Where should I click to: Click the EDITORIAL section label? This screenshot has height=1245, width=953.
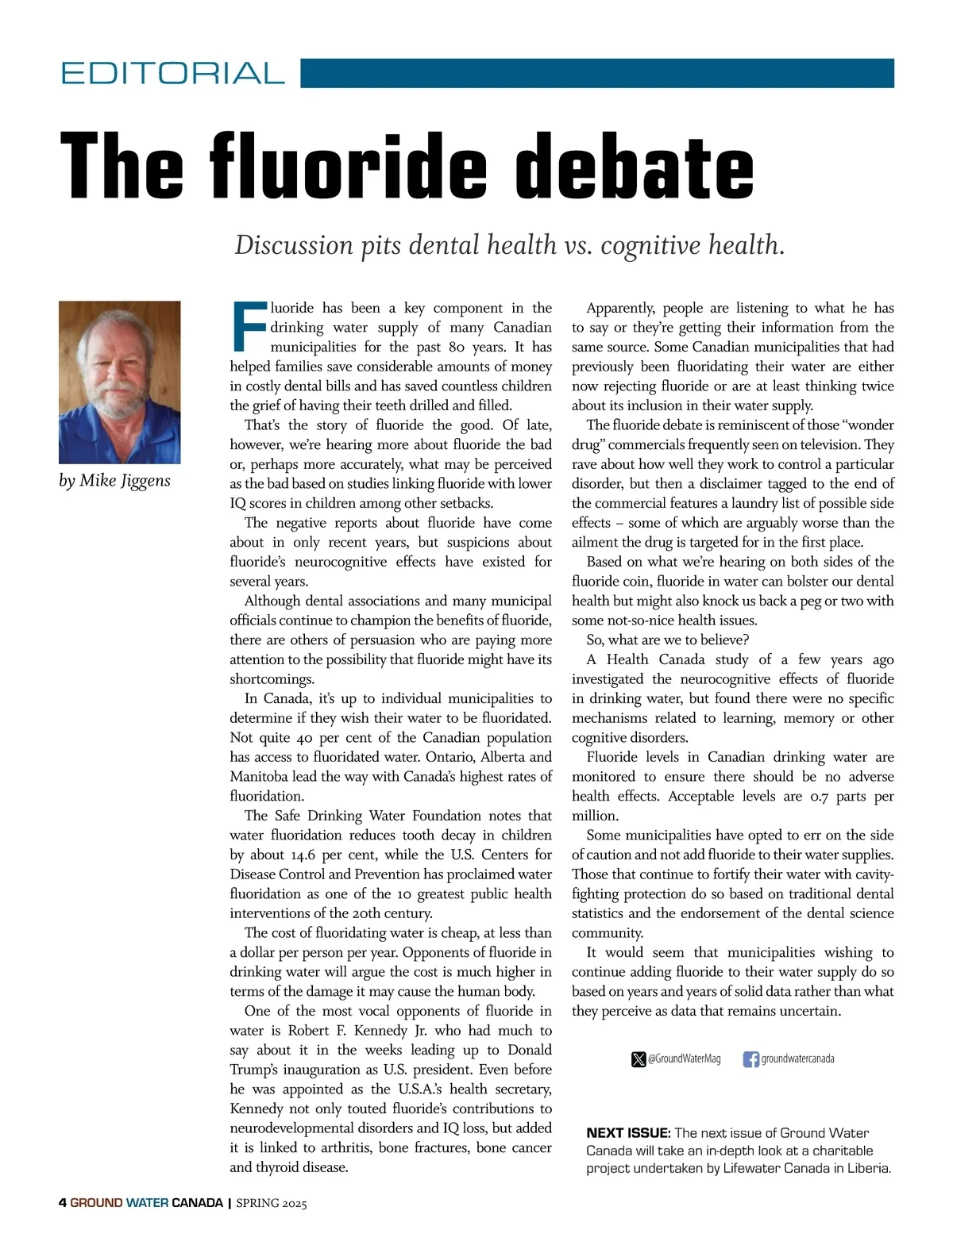[x=172, y=73]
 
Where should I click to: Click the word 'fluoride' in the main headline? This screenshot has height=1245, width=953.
[x=347, y=167]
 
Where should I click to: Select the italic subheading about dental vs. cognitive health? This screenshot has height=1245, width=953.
[x=510, y=244]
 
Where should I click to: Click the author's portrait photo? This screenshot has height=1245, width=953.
[x=120, y=382]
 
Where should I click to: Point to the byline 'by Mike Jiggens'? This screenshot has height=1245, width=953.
[x=114, y=481]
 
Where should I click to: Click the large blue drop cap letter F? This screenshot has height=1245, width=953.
[x=248, y=326]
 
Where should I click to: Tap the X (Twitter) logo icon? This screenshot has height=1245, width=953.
[x=639, y=1059]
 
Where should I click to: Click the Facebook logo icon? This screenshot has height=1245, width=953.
[x=750, y=1059]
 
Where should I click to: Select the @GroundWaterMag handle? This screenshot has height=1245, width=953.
[x=685, y=1059]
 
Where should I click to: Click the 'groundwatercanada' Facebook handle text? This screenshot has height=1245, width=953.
[x=797, y=1059]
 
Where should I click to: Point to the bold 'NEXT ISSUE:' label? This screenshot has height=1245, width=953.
[x=628, y=1133]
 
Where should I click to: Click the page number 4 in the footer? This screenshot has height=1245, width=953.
[x=63, y=1203]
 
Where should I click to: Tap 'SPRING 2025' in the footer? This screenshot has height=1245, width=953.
[x=272, y=1203]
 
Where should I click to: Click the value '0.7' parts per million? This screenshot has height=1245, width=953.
[x=819, y=797]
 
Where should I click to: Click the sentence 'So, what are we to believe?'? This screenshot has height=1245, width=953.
[x=668, y=640]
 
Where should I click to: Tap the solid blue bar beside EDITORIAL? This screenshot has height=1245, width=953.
[x=597, y=73]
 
